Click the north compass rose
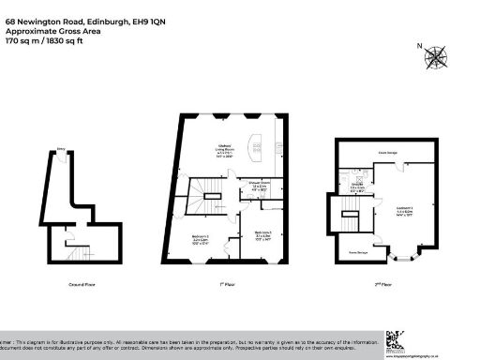point(435,58)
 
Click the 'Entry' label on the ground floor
point(61,148)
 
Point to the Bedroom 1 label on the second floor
point(404,212)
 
